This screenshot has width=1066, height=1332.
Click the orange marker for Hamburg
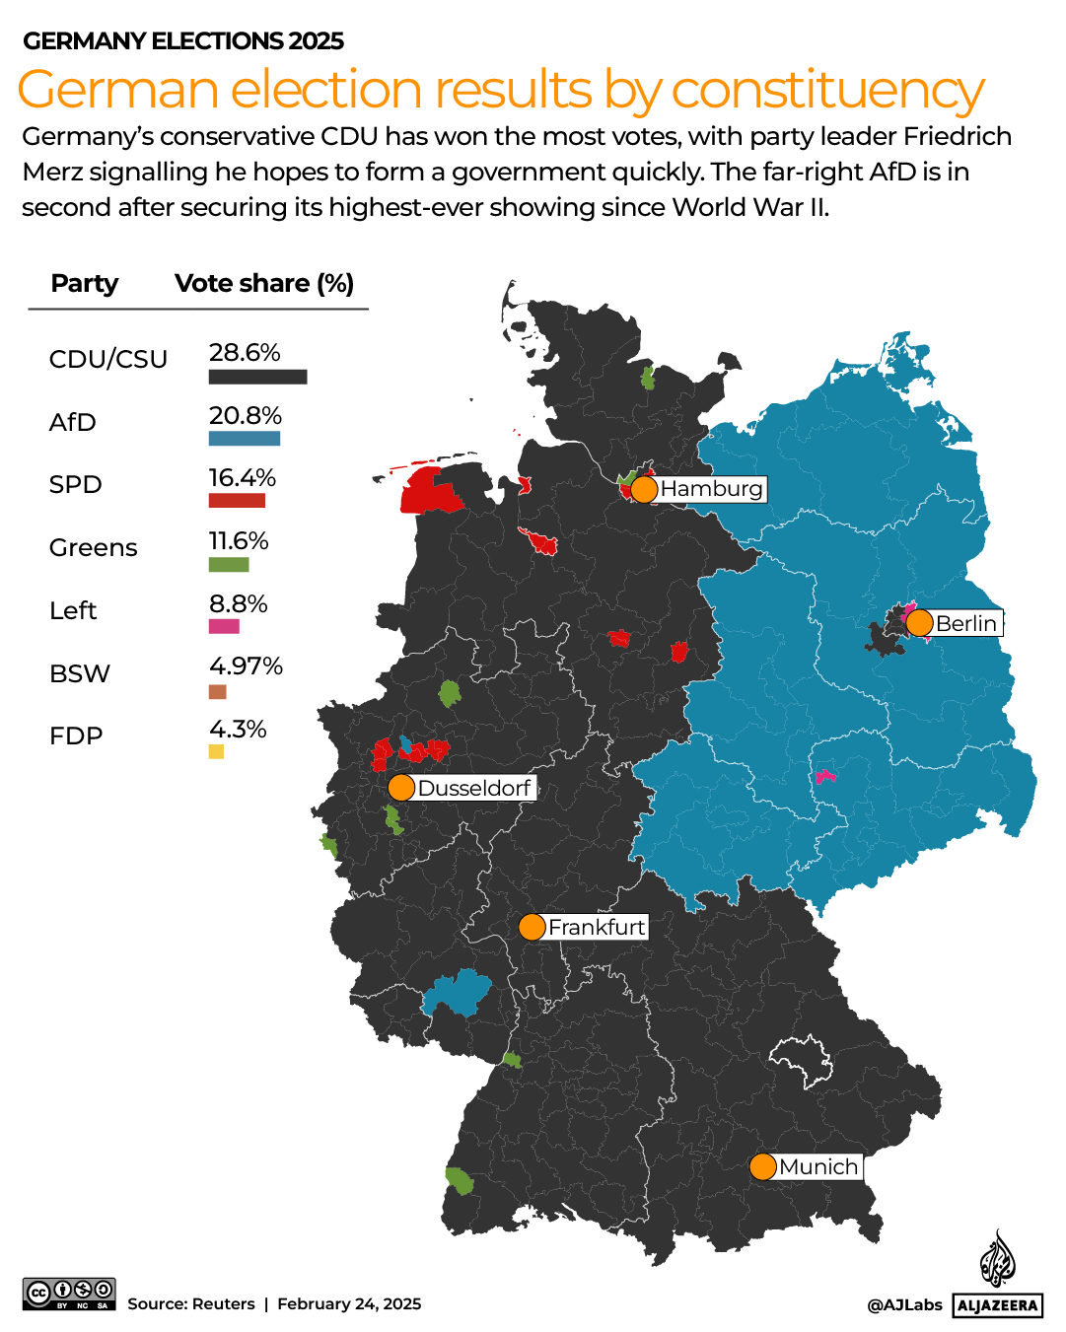click(x=643, y=489)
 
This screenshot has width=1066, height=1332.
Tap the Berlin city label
click(x=965, y=623)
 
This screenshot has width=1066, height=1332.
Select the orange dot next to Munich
click(x=762, y=1167)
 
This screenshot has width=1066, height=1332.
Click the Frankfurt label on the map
click(x=597, y=927)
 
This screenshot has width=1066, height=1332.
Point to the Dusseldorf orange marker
click(x=401, y=788)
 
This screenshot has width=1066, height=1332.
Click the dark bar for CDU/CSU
click(x=257, y=377)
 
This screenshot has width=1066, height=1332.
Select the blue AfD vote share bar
click(x=244, y=439)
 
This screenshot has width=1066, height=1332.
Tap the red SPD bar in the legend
click(x=237, y=501)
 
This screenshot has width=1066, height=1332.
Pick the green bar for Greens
click(x=229, y=565)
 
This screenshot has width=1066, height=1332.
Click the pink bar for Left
click(x=224, y=626)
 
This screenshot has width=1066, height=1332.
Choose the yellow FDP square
click(x=216, y=752)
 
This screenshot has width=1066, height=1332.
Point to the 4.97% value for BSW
click(x=246, y=666)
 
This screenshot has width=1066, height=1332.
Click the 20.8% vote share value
click(x=245, y=415)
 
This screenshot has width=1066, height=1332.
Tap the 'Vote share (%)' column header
click(x=264, y=284)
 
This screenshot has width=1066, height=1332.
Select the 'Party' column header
click(x=85, y=284)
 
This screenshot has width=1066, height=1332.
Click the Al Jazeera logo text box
click(x=998, y=1305)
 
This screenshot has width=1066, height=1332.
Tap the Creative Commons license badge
click(x=69, y=1294)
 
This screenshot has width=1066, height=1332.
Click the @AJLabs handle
click(x=904, y=1305)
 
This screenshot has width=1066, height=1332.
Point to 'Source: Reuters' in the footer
click(x=190, y=1304)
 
